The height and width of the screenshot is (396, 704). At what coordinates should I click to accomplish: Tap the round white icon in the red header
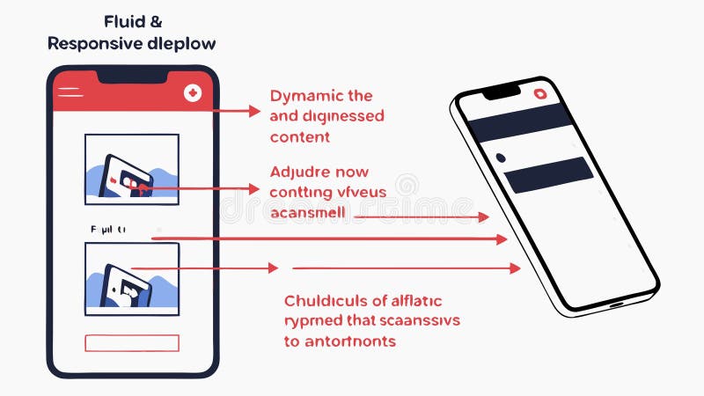point(193,92)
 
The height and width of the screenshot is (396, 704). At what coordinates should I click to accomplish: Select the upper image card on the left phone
point(131,170)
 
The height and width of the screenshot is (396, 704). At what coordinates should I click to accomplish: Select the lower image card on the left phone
point(131,278)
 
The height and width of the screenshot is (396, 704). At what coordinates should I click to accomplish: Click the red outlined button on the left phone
point(131,343)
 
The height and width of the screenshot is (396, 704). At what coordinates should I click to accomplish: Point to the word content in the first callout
point(299,136)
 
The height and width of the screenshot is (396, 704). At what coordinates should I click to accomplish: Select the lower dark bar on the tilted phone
point(549,175)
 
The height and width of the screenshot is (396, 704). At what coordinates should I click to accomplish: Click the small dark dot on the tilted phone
point(500,158)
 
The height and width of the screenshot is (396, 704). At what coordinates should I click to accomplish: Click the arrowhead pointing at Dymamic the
point(255,112)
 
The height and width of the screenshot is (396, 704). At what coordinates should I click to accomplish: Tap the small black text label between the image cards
point(107,229)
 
